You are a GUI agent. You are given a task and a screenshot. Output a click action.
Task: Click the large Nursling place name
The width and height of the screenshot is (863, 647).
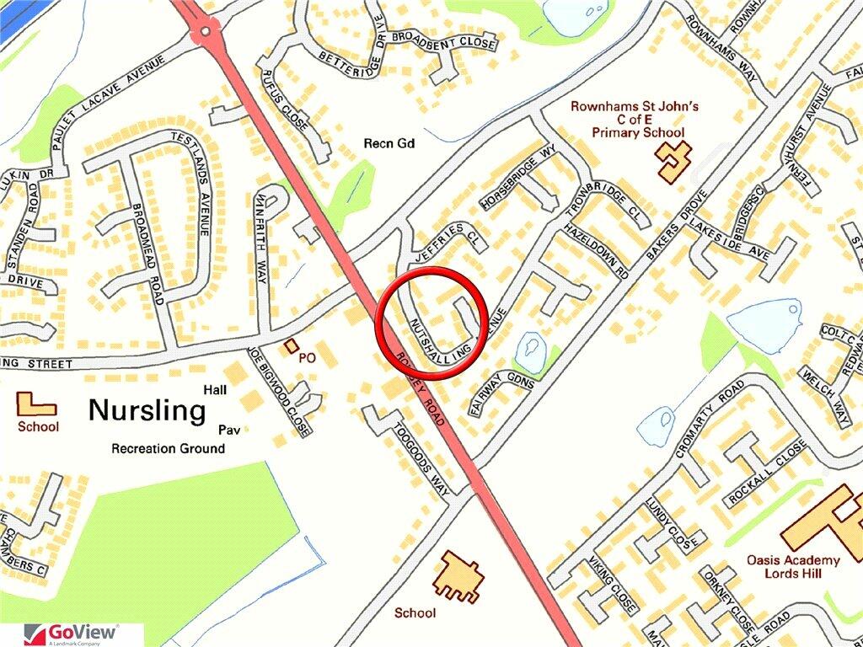tap(147, 411)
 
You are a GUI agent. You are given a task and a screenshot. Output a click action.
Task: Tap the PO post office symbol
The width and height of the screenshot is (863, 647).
tap(292, 345)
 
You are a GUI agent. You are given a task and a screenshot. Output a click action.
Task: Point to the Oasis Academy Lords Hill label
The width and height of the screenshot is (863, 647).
tap(793, 567)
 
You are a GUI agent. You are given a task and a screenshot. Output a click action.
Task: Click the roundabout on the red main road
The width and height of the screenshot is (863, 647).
tap(204, 33)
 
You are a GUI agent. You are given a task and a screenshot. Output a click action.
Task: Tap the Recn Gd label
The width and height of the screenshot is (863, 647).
tap(389, 144)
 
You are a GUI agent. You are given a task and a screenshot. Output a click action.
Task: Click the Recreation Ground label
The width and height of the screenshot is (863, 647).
tap(168, 448)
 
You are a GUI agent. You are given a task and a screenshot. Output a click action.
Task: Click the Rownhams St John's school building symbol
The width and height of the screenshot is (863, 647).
tap(674, 160)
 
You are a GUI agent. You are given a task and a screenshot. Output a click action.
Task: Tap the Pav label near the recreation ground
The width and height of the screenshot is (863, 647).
tap(230, 430)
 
